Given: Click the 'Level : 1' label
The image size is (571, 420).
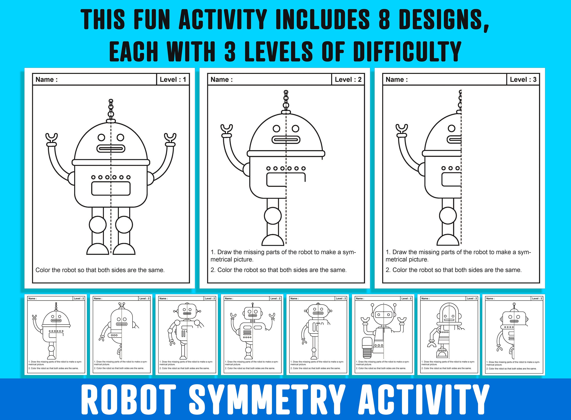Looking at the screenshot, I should [173, 80].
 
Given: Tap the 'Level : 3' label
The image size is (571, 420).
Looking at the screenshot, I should [523, 80].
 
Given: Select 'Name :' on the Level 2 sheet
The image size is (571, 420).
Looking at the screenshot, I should [222, 80].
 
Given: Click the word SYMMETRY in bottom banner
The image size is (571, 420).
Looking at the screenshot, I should [267, 400].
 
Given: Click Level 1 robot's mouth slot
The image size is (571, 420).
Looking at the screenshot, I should [111, 149].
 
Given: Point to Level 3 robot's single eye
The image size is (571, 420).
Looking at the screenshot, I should [451, 128].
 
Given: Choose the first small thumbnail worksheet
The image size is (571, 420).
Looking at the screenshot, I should [56, 334].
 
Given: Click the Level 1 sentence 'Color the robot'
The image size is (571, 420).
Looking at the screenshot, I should [100, 270].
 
